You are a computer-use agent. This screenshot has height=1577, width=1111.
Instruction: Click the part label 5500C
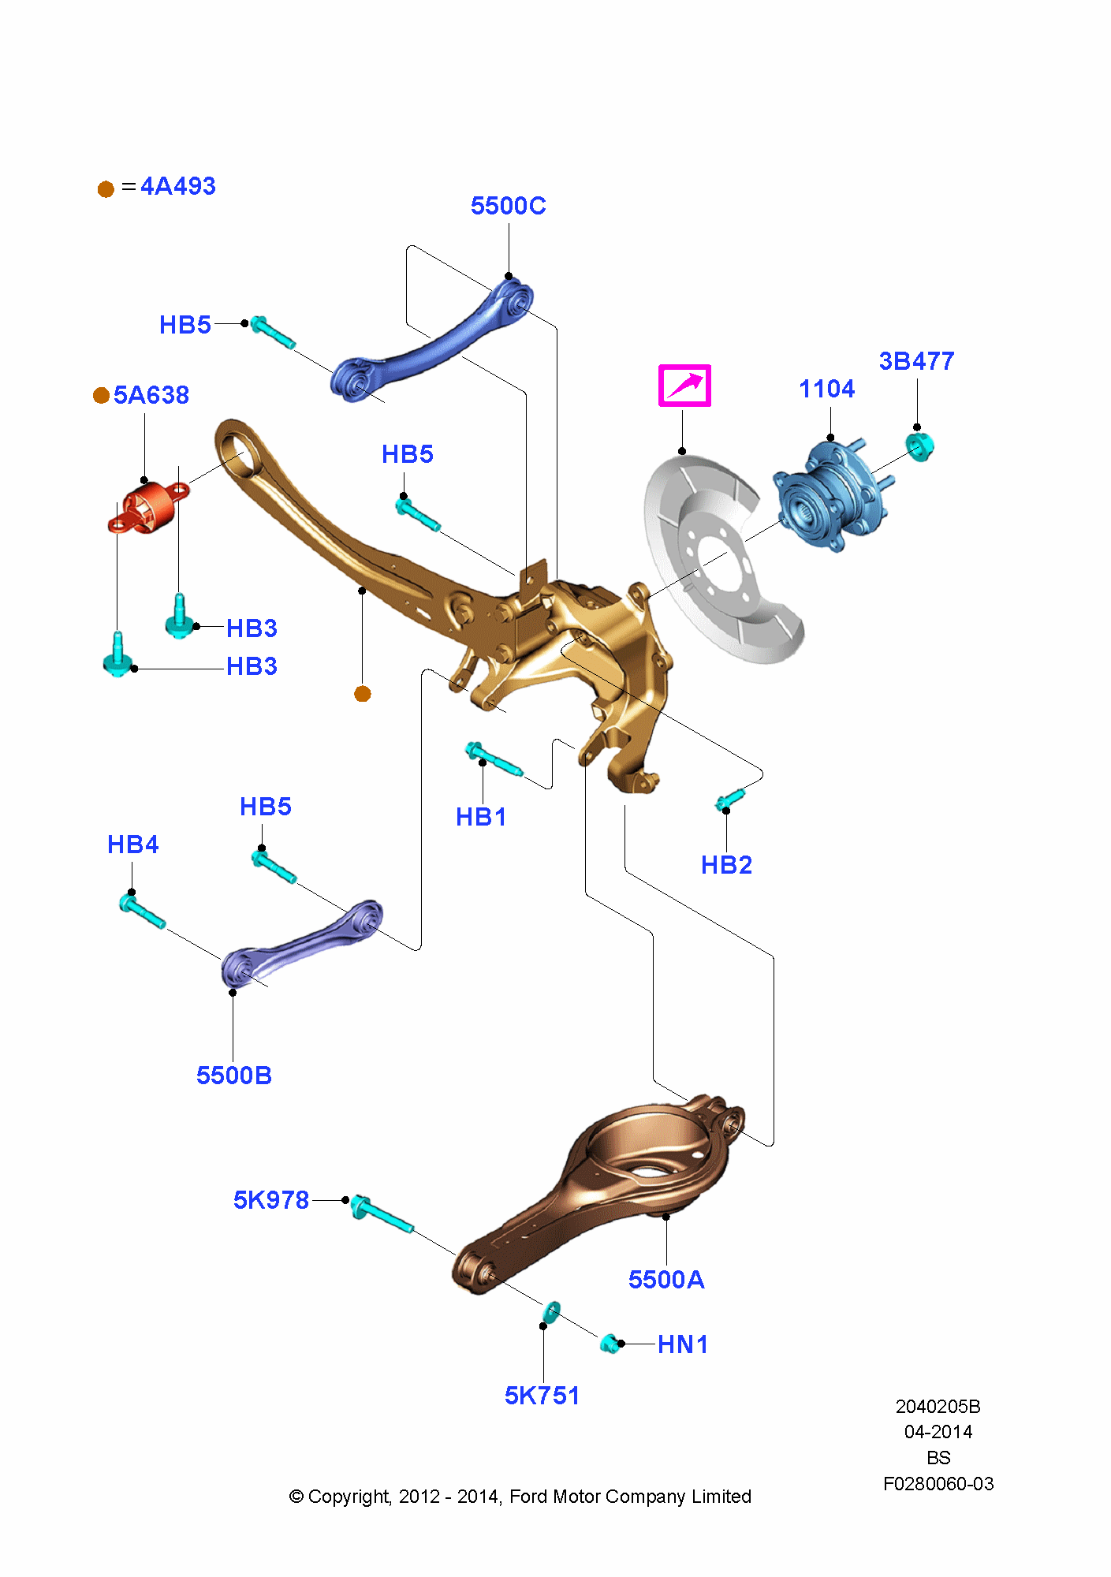(508, 206)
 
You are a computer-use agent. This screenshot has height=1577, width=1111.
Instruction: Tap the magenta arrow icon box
(684, 386)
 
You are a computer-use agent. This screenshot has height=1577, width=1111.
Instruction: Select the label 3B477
(916, 361)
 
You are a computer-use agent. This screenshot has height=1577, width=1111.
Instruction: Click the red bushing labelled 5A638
(147, 507)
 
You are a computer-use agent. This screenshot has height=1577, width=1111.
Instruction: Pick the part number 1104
(826, 389)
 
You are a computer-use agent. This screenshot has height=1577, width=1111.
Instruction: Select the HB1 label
(481, 817)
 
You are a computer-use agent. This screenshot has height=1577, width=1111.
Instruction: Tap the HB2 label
(726, 865)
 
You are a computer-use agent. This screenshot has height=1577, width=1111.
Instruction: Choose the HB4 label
(132, 844)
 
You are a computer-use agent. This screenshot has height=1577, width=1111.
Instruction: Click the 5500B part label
(234, 1076)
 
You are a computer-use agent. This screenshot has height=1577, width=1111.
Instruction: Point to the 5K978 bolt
(382, 1214)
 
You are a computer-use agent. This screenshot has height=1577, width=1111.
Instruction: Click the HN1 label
(683, 1344)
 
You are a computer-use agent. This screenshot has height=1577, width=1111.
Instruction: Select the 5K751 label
(542, 1396)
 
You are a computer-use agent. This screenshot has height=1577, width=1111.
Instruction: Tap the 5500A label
(666, 1280)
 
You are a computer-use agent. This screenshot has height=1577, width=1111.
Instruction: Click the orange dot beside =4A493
(106, 189)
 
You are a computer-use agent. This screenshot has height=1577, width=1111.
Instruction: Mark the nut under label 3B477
(919, 447)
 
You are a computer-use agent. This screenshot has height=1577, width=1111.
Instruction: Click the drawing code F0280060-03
(938, 1484)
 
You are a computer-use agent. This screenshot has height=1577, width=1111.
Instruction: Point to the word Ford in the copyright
(528, 1497)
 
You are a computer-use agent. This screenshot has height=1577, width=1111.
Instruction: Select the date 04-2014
(938, 1432)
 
